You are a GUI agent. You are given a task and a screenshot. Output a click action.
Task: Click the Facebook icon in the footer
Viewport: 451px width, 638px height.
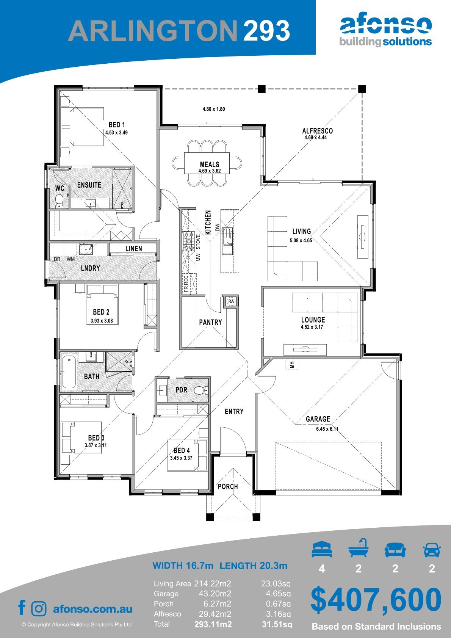(x=22, y=608)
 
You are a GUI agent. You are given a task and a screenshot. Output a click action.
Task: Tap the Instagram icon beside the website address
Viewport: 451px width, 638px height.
(x=39, y=609)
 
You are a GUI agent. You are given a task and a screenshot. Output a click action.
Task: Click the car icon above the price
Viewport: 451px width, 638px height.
(x=432, y=550)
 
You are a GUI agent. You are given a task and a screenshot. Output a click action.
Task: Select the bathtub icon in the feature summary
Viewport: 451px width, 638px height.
(x=359, y=548)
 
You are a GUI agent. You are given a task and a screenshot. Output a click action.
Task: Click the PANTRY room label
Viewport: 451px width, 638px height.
(x=210, y=322)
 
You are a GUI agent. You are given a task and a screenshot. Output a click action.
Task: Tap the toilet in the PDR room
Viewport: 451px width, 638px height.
(x=201, y=390)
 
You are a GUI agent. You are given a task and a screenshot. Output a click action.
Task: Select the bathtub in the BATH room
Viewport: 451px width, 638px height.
(x=69, y=372)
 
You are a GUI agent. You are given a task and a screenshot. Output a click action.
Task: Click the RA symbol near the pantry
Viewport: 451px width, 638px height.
(x=231, y=301)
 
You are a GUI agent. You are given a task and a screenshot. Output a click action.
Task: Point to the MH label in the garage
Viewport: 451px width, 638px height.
(x=292, y=365)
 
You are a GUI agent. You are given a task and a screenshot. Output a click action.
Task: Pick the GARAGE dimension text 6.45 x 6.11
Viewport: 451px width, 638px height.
(x=327, y=429)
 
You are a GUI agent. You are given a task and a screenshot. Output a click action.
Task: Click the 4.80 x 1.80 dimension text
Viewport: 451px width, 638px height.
(x=213, y=109)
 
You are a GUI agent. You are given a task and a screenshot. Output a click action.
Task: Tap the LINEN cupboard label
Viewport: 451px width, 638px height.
(x=133, y=249)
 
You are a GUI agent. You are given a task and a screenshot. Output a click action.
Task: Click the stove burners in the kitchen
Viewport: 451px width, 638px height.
(x=188, y=241)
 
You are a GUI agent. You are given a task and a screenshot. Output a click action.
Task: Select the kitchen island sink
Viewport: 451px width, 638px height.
(x=227, y=241)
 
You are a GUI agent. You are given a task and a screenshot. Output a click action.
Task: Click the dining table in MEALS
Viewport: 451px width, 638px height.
(x=207, y=163)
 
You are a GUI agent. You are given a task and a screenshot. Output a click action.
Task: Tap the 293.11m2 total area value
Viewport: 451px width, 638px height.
(x=213, y=624)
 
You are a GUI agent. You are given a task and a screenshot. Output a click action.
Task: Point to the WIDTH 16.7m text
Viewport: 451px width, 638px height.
(x=183, y=565)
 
